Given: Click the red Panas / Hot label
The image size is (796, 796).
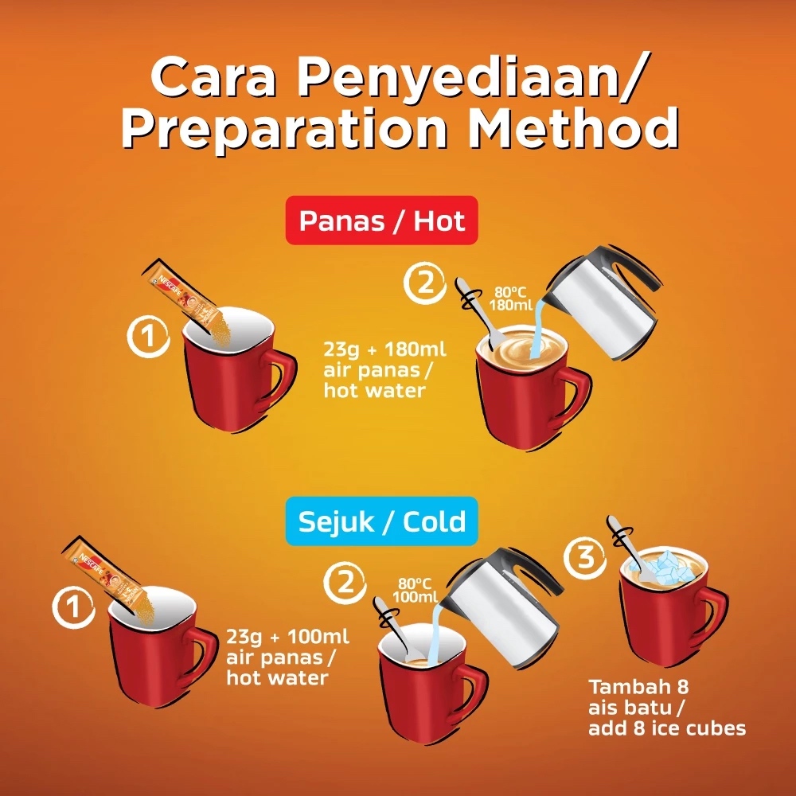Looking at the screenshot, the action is pos(382,220).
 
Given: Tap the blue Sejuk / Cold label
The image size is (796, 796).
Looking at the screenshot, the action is pos(382,521).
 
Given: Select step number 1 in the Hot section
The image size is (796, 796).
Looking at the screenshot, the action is pos(148,336).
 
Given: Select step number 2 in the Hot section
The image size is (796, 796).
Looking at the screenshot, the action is pos(425,283).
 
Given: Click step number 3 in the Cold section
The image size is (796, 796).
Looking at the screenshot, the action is pos(584,557).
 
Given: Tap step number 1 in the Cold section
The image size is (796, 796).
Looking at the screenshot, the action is pos(73,607).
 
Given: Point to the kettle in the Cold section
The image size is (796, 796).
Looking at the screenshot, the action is pos(502,607).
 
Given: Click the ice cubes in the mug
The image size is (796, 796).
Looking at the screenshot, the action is pos(668,568).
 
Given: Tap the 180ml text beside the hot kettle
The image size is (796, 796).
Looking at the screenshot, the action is pos(511,305).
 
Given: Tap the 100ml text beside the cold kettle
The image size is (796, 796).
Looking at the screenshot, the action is pos(415,596).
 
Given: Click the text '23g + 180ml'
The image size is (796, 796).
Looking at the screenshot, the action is pos(384,349).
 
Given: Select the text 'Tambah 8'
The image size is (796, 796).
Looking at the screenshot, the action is pos(638,687).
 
